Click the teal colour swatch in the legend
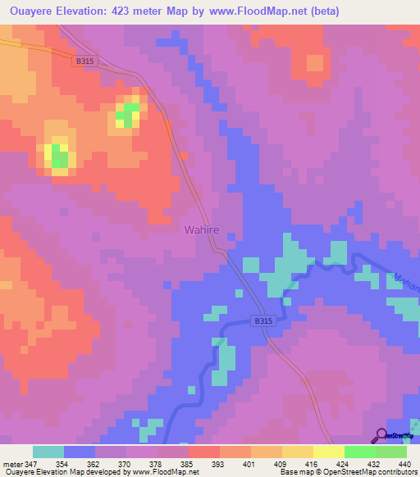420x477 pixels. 48,452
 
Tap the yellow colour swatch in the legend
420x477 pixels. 328,452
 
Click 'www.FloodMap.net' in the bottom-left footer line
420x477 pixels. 164,471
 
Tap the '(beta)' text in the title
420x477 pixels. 320,11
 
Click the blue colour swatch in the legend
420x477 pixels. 80,452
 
